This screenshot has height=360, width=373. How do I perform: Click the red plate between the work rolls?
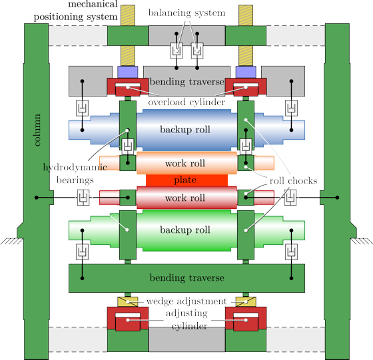tap(186, 180)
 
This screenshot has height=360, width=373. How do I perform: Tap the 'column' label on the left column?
tap(37, 130)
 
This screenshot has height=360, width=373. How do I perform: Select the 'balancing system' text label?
tap(186, 13)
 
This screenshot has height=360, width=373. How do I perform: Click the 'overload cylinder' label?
tap(186, 102)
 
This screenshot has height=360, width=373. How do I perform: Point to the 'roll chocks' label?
tap(293, 181)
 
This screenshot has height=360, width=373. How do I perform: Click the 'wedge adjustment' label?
tap(186, 301)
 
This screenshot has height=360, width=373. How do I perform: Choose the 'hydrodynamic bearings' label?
tap(75, 174)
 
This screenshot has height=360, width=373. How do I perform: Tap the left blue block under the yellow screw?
tap(128, 72)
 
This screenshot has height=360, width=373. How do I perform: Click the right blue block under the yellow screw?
tap(246, 72)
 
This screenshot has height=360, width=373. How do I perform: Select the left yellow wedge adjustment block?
tap(128, 302)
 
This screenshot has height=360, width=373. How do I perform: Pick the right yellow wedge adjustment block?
tap(246, 302)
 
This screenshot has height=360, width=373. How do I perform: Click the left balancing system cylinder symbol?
tap(177, 51)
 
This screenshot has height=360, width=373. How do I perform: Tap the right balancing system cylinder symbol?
tap(197, 51)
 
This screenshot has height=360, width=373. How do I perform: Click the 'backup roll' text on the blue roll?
tap(185, 130)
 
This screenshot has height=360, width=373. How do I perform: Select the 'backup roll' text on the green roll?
tap(185, 230)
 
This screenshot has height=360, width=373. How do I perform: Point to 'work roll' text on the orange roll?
tap(185, 164)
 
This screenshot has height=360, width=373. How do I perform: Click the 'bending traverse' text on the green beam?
tap(186, 277)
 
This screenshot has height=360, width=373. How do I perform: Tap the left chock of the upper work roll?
tap(128, 163)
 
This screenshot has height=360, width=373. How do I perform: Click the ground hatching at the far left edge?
tap(12, 241)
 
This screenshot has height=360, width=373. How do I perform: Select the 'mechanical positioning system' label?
tap(76, 11)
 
